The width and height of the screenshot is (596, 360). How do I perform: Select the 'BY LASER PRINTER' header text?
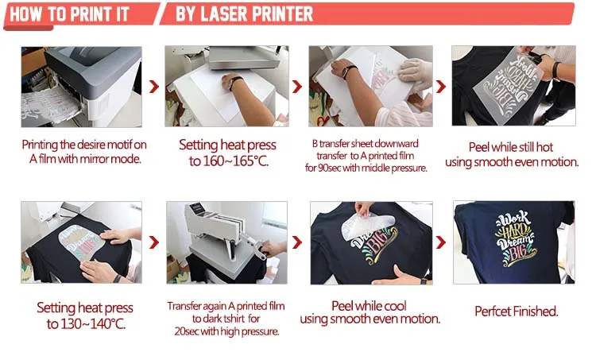pos(244,14)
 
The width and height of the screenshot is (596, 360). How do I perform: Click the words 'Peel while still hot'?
pos(515,148)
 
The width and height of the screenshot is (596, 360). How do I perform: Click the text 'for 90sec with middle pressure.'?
pos(370,168)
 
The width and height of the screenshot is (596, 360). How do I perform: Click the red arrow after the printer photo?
pos(154,87)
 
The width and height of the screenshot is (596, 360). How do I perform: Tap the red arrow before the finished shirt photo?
pos(443,242)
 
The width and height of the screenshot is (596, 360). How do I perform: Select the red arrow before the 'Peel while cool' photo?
pos(298,242)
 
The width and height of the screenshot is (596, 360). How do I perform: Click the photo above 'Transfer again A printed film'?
pos(226,242)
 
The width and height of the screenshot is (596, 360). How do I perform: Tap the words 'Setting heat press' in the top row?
pos(227,145)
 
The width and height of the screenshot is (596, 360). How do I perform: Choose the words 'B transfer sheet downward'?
pos(370,145)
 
